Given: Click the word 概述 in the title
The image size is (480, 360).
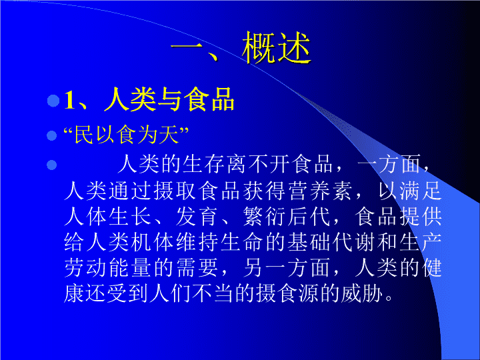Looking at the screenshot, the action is (x=277, y=48).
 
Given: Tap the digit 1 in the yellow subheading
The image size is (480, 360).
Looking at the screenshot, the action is (x=70, y=100).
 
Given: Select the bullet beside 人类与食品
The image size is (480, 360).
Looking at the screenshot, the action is (x=53, y=101).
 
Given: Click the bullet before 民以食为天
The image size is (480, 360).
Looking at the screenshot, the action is (x=52, y=135).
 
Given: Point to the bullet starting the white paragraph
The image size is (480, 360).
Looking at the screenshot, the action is (x=52, y=165).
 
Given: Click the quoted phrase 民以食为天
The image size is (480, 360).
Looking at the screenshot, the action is (x=127, y=135).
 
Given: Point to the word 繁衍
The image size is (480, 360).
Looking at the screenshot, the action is (x=265, y=217).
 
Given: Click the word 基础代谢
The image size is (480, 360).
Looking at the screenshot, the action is (x=331, y=242).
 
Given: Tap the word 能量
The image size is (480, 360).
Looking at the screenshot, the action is (x=129, y=268).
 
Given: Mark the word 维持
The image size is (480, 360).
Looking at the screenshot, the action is (x=196, y=242).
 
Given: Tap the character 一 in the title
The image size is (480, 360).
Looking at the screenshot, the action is (x=187, y=48).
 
